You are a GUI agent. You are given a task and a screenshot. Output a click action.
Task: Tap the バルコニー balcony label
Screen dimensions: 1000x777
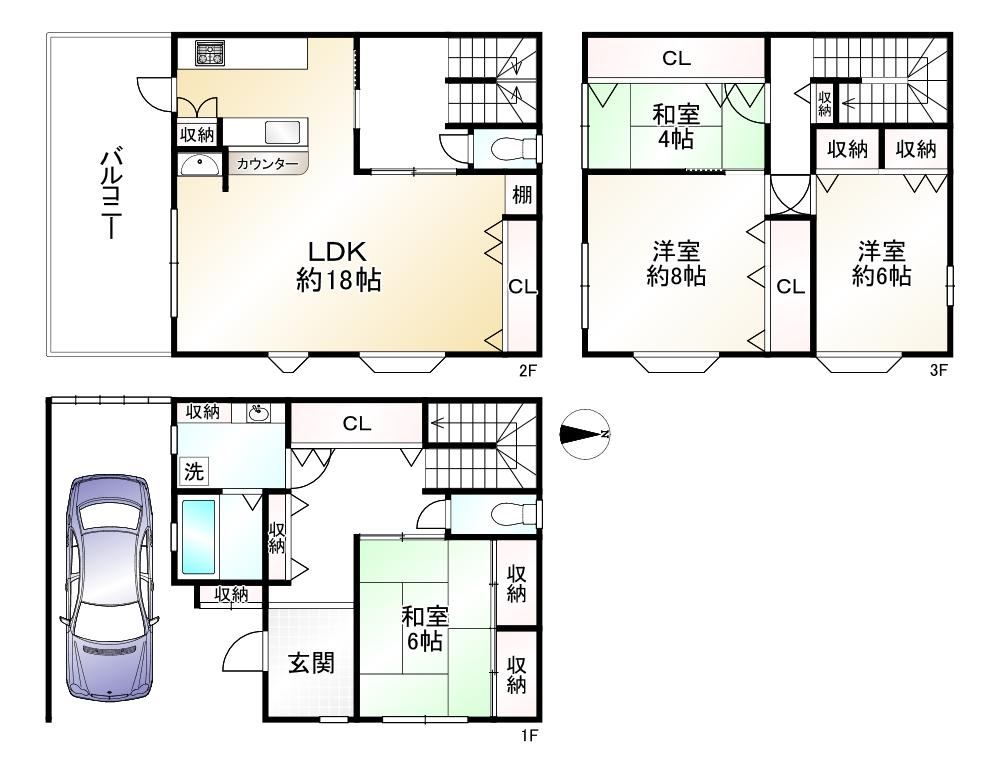(111, 194)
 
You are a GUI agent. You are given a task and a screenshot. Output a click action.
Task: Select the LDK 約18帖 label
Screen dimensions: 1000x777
(338, 265)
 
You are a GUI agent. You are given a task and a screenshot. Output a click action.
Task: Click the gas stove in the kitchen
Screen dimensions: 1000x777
(210, 53)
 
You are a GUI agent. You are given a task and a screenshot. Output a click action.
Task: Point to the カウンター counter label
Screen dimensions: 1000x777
(267, 164)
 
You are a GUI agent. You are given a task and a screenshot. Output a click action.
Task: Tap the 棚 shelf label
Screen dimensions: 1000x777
(522, 195)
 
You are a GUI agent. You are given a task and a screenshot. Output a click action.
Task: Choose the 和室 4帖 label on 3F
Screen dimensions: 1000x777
(676, 126)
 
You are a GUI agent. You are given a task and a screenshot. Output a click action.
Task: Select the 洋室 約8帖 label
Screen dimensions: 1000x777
(676, 263)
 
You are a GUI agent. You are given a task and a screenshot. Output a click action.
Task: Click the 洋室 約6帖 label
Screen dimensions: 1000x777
(881, 263)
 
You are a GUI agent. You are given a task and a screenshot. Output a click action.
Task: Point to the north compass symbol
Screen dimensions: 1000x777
(584, 434)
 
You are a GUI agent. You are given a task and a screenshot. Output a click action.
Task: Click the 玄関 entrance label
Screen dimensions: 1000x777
(311, 663)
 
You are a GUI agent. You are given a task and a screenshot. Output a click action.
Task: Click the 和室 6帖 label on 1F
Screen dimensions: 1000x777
(425, 629)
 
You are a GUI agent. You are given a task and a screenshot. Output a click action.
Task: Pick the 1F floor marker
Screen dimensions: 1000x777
(529, 736)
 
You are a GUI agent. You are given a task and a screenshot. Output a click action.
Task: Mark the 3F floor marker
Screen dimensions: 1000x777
(938, 370)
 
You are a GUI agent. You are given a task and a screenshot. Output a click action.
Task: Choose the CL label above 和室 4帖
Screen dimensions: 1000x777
(676, 59)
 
